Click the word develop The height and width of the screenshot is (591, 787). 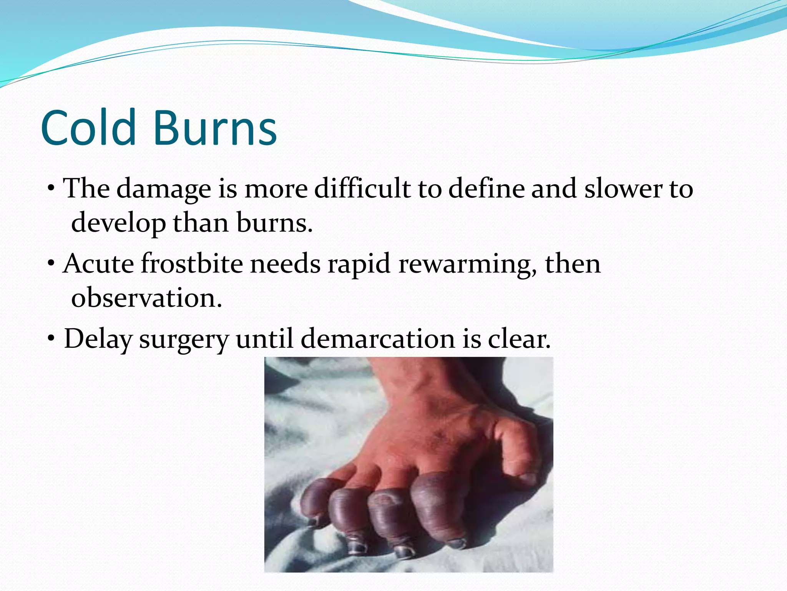pos(118,223)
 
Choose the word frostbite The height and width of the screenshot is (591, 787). pos(192,264)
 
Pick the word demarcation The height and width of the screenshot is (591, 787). pos(378,339)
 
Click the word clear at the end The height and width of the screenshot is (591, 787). pos(519,339)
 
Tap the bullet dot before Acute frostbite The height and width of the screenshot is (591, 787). pos(51,264)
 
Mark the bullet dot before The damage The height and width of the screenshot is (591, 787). pos(51,189)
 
